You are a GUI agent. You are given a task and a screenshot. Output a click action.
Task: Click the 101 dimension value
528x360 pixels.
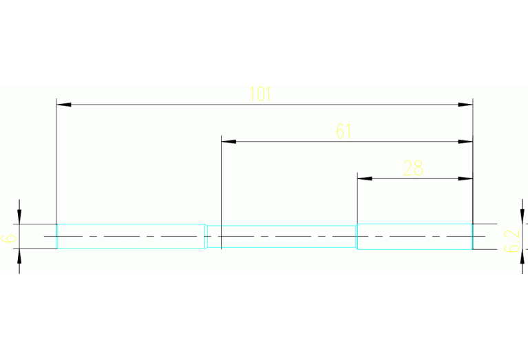[x=261, y=94]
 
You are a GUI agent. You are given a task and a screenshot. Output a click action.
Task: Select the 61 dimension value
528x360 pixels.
[x=344, y=131]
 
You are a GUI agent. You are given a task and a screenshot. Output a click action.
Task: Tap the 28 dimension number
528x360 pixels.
[x=413, y=168]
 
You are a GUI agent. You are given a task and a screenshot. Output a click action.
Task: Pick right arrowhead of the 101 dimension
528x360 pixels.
[x=466, y=105]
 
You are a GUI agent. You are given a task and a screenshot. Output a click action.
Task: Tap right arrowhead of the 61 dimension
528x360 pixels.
[x=466, y=142]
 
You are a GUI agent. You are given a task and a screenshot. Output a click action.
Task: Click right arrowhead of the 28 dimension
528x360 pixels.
[x=466, y=178]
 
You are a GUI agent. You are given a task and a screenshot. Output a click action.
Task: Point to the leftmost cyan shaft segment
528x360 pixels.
[x=131, y=236]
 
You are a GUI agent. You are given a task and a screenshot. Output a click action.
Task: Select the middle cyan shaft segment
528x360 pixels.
[x=282, y=236]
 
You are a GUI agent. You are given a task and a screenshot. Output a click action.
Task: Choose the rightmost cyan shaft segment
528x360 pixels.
[x=414, y=236]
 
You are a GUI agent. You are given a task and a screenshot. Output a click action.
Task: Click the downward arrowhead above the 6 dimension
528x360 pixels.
[x=19, y=217]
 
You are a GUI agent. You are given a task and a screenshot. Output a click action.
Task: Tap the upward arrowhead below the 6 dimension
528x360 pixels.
[x=19, y=256]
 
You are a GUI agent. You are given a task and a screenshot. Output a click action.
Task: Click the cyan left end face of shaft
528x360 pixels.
[x=57, y=236]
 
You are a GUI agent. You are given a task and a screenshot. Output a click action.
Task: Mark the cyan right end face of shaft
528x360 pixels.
[x=472, y=236]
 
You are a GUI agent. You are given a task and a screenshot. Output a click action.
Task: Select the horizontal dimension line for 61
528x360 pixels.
[x=289, y=142]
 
